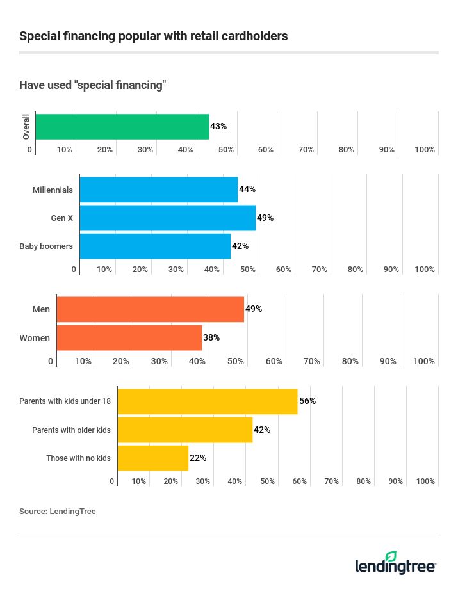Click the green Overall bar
(122, 127)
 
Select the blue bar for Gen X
(167, 218)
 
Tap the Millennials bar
(158, 190)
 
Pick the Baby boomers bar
(154, 246)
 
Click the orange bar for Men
(150, 309)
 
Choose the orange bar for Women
(129, 337)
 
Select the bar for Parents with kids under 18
(207, 401)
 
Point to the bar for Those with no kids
(152, 458)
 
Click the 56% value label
(307, 401)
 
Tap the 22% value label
(198, 458)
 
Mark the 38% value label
(211, 337)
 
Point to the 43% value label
(218, 127)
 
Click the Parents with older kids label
(71, 430)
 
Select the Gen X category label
(62, 218)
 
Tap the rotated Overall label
(26, 127)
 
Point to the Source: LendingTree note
(58, 512)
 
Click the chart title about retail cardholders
(153, 36)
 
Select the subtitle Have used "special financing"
(93, 85)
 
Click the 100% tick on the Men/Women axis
(424, 361)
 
